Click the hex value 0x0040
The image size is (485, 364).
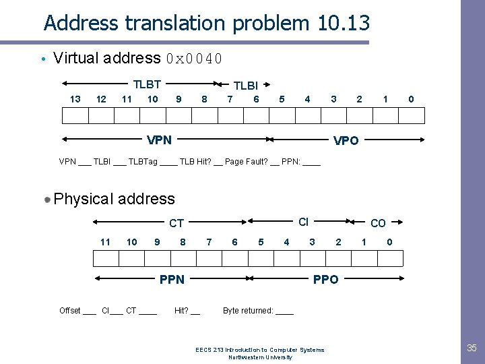[x=195, y=58]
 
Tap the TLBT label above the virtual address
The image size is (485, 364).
[x=147, y=84]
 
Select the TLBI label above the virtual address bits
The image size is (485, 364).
[x=245, y=86]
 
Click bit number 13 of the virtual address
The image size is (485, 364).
[x=75, y=99]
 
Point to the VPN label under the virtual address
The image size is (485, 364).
[x=159, y=140]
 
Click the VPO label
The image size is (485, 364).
[x=346, y=141]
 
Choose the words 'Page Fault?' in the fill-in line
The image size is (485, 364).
[x=245, y=162]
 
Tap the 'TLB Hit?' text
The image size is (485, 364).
[x=195, y=162]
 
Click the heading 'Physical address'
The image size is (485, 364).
[x=114, y=199]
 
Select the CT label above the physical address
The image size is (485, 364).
[x=176, y=223]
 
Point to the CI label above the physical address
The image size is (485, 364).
[x=303, y=222]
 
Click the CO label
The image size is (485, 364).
[x=379, y=223]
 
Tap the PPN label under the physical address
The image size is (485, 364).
[x=172, y=279]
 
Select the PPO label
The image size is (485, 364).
[x=326, y=279]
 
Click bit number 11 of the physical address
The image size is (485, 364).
[x=105, y=241]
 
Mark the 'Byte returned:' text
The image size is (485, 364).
[x=248, y=311]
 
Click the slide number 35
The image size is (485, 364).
[x=472, y=348]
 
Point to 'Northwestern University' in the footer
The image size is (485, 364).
[x=260, y=357]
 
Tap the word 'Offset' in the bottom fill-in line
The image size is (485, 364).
[x=69, y=311]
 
